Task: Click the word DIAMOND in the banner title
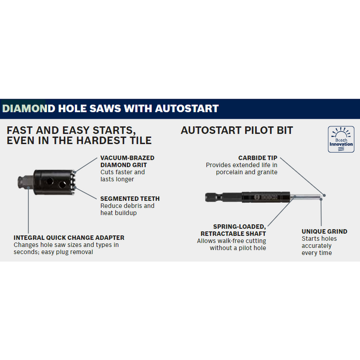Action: [x=29, y=108]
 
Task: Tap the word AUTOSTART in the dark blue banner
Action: [x=187, y=108]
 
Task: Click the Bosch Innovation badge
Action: [x=341, y=139]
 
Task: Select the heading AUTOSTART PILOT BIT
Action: [x=237, y=130]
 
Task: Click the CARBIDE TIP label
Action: [x=257, y=158]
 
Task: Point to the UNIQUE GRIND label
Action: [x=324, y=231]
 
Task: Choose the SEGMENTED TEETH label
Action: [x=130, y=198]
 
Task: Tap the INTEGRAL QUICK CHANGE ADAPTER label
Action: [x=69, y=238]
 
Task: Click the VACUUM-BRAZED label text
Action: [x=127, y=158]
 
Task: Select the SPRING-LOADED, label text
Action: [x=239, y=227]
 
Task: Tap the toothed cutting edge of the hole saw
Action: [x=73, y=183]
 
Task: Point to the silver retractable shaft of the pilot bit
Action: [x=306, y=197]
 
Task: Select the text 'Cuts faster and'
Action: [x=122, y=172]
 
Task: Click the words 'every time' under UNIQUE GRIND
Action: [x=317, y=253]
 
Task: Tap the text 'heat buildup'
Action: [x=118, y=213]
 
